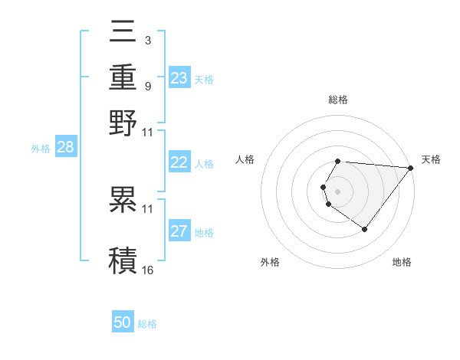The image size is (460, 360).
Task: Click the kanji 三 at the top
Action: (124, 31)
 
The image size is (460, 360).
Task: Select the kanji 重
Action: (124, 77)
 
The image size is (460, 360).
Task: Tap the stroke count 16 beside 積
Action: (148, 270)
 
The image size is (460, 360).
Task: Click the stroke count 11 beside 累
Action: (148, 208)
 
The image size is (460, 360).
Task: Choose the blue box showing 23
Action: (179, 78)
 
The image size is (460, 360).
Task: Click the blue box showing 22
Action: (179, 162)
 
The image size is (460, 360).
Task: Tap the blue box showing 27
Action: (179, 231)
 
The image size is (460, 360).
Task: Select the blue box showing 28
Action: (65, 148)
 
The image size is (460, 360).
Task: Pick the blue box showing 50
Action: (123, 322)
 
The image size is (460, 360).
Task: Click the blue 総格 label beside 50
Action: (147, 324)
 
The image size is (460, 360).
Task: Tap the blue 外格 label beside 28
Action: (41, 149)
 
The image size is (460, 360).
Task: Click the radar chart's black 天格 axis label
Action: (431, 159)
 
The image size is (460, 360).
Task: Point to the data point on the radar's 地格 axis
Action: (364, 229)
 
